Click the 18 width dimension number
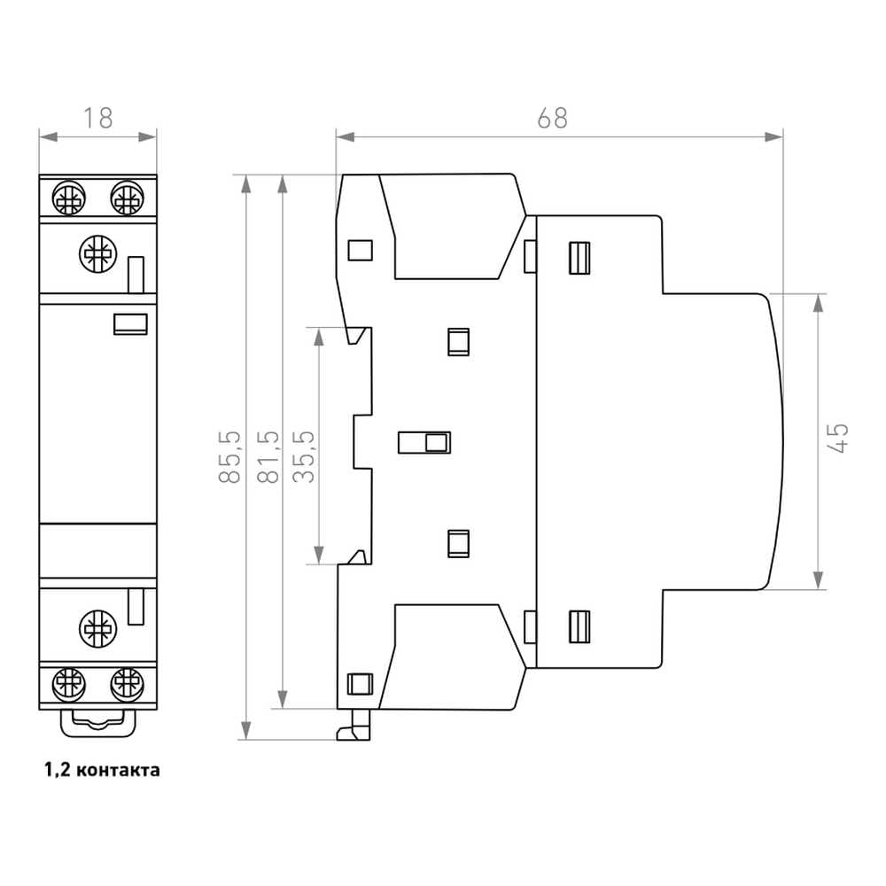98,118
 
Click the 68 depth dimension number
552,118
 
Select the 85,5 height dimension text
229,457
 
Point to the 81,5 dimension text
268,457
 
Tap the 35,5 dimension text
304,457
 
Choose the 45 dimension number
840,439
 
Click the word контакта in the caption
118,770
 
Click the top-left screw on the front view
69,198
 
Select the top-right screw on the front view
127,198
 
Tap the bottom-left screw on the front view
69,684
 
